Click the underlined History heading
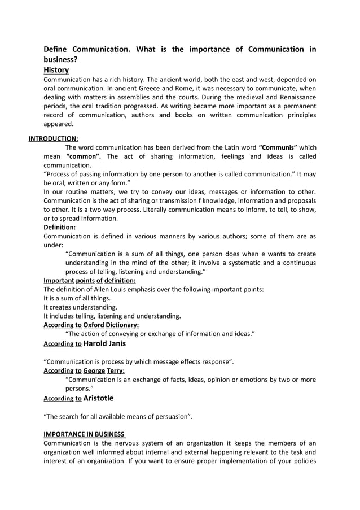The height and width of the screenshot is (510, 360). [x=56, y=70]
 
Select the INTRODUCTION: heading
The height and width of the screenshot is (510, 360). [x=54, y=138]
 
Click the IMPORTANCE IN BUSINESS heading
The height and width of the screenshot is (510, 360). [x=84, y=434]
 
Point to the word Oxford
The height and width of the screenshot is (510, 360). [x=93, y=325]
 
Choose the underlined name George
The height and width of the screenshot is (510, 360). [x=94, y=370]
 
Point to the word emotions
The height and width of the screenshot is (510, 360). [x=247, y=380]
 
